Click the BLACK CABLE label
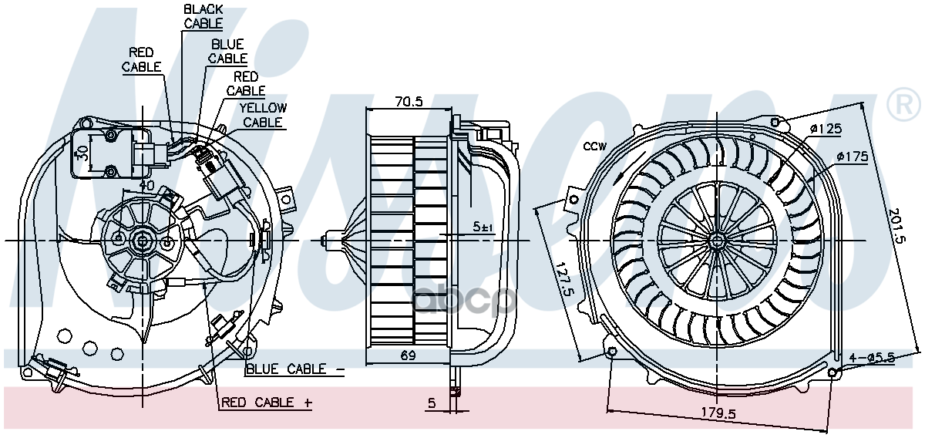203,16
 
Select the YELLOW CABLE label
262,115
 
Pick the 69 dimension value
409,355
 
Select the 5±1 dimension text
482,227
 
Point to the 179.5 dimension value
718,414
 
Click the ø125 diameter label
825,129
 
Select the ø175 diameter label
853,157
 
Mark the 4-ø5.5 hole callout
873,357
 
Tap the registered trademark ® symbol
902,106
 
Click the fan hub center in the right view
717,241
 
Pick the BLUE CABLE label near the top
227,51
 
